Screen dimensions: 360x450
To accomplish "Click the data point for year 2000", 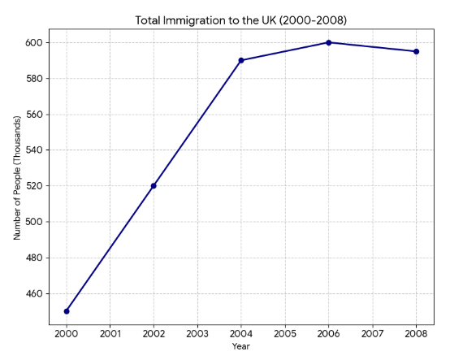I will click(67, 311).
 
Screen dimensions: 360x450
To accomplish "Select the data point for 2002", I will click(154, 185).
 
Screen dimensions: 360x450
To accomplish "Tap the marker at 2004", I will click(241, 60).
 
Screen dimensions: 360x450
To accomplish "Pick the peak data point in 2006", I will click(329, 42).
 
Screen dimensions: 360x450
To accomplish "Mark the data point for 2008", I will click(416, 51).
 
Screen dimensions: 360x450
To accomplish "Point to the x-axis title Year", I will click(240, 346).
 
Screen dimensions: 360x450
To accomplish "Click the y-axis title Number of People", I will click(16, 177).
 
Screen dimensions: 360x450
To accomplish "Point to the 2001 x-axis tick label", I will click(110, 333).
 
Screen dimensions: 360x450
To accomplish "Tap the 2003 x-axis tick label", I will click(197, 333).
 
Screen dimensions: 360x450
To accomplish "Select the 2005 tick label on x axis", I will click(285, 333).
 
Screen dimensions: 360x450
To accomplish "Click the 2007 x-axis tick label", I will click(372, 333).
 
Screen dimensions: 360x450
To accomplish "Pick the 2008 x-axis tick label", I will click(416, 333).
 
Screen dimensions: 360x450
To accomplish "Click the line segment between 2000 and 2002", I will click(110, 248).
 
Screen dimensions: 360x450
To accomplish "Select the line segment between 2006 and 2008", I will click(373, 47).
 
